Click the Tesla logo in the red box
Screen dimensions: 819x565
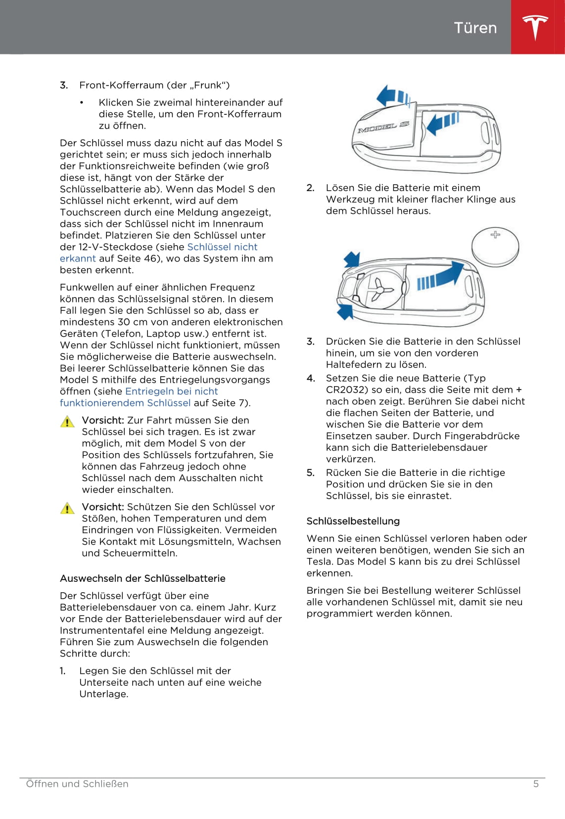point(535,27)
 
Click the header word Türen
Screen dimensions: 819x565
point(475,28)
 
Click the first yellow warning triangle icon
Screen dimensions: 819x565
point(67,422)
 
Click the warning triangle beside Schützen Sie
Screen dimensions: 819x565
point(67,509)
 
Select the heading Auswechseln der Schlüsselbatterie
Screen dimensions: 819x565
point(142,578)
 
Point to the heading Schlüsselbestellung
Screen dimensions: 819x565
point(353,521)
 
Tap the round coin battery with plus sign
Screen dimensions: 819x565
point(495,246)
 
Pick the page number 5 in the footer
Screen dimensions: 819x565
point(536,784)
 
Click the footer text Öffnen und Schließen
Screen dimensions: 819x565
point(77,784)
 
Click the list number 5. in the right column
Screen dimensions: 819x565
point(310,473)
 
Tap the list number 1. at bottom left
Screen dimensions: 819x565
point(63,671)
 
